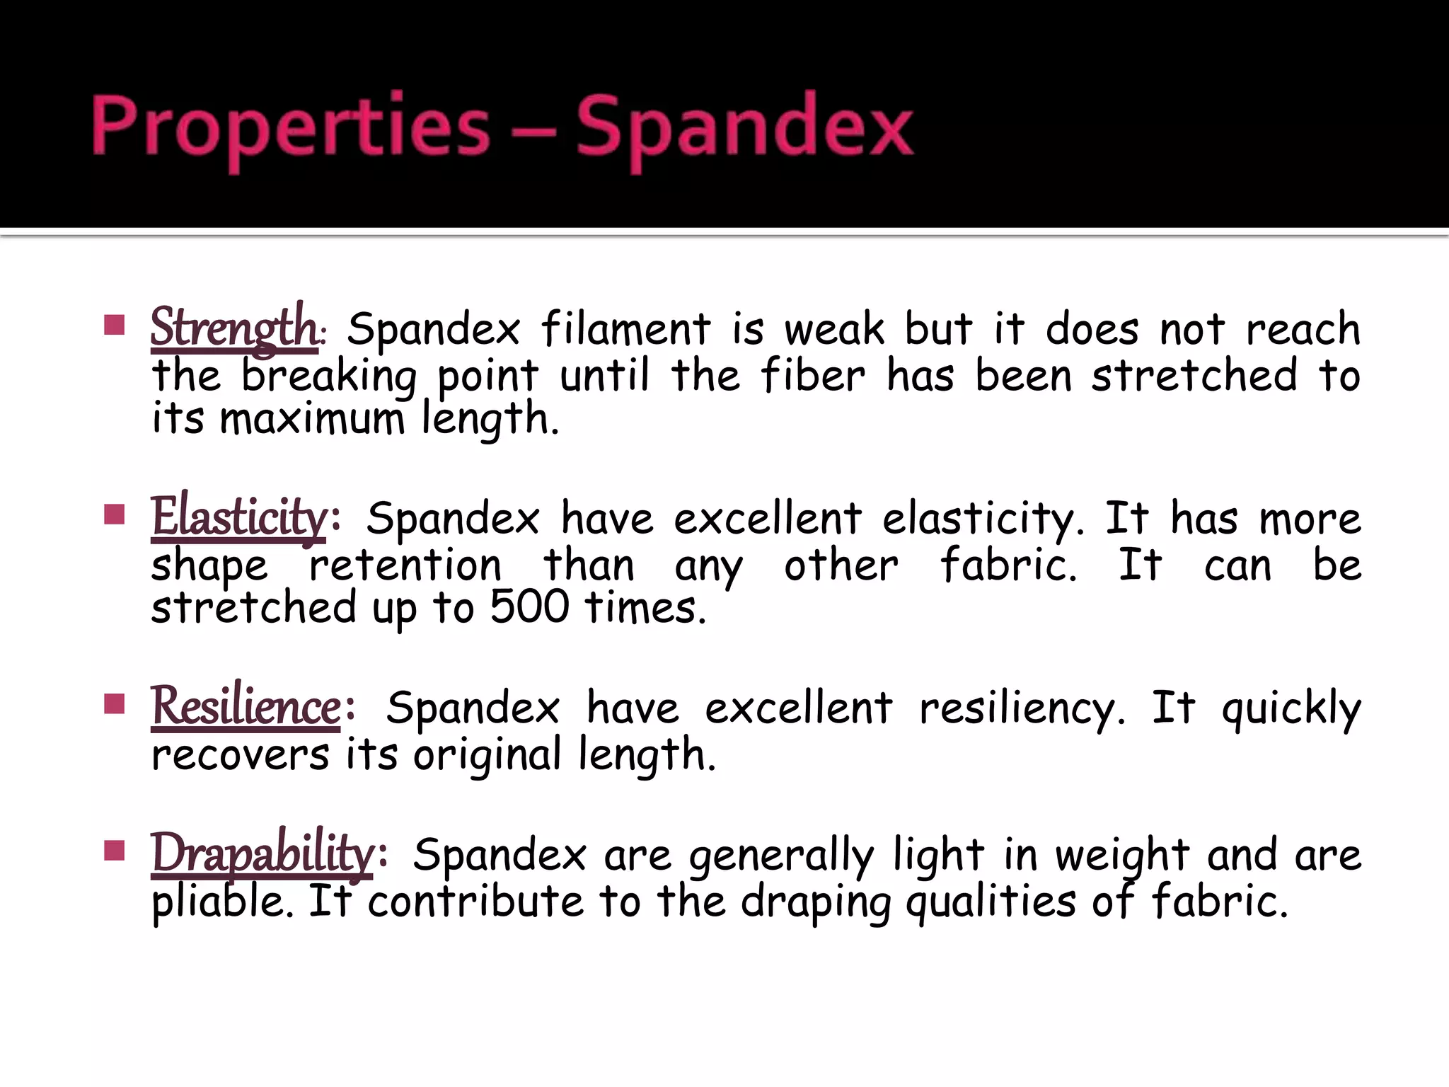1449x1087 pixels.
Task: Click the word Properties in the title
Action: (290, 127)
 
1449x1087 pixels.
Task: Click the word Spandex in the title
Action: (744, 127)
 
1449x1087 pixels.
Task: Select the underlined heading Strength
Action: (234, 328)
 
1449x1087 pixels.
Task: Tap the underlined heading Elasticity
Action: (238, 517)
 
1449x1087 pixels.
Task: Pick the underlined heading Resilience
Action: (246, 706)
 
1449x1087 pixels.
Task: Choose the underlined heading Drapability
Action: (262, 853)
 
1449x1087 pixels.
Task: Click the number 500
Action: (529, 607)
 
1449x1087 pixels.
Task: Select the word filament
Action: (626, 329)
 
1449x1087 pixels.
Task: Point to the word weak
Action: (835, 329)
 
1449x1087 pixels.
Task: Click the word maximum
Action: (312, 419)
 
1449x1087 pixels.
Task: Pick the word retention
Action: (405, 565)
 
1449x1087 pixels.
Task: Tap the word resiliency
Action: (1022, 708)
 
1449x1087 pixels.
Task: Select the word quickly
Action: (1291, 708)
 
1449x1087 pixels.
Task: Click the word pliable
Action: (222, 902)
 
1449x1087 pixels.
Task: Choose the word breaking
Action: (329, 376)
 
